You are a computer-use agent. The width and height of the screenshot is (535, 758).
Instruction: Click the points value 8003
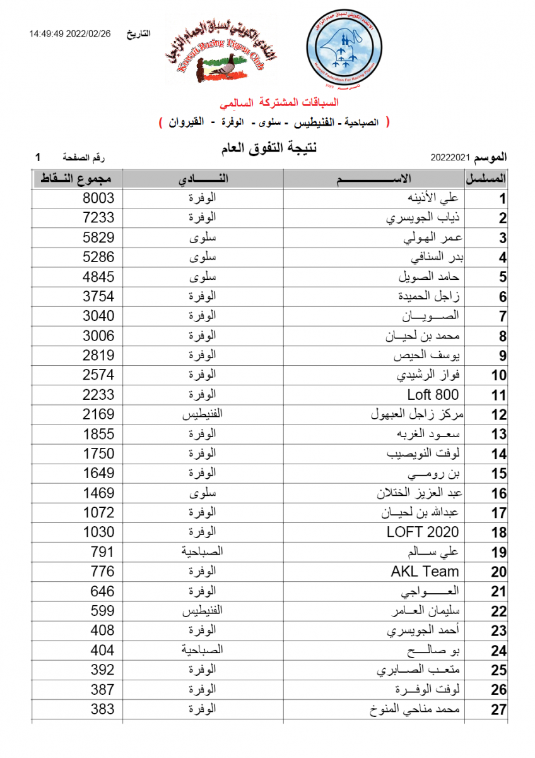pos(98,198)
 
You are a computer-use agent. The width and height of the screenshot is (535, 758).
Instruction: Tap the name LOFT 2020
pos(423,532)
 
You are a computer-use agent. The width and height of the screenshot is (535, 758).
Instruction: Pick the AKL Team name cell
pos(425,572)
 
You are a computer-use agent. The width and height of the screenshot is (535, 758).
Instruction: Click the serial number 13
pos(499,435)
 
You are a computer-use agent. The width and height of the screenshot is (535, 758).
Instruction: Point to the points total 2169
pos(98,414)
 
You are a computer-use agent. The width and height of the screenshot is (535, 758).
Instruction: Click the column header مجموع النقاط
pos(78,179)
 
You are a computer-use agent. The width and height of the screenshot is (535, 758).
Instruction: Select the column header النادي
pos(203,179)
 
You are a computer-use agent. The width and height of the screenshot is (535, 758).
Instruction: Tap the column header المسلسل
pos(486,179)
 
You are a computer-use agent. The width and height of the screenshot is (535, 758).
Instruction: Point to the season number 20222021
pos(450,156)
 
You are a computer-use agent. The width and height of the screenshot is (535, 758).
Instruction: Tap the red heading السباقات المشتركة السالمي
pos(278,102)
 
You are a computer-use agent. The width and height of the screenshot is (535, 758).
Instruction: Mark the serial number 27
pos(499,710)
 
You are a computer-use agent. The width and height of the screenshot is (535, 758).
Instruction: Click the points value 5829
pos(98,238)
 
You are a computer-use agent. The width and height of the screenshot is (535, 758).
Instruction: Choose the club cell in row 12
pos(203,414)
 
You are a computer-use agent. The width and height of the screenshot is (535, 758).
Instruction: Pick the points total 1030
pos(98,532)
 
